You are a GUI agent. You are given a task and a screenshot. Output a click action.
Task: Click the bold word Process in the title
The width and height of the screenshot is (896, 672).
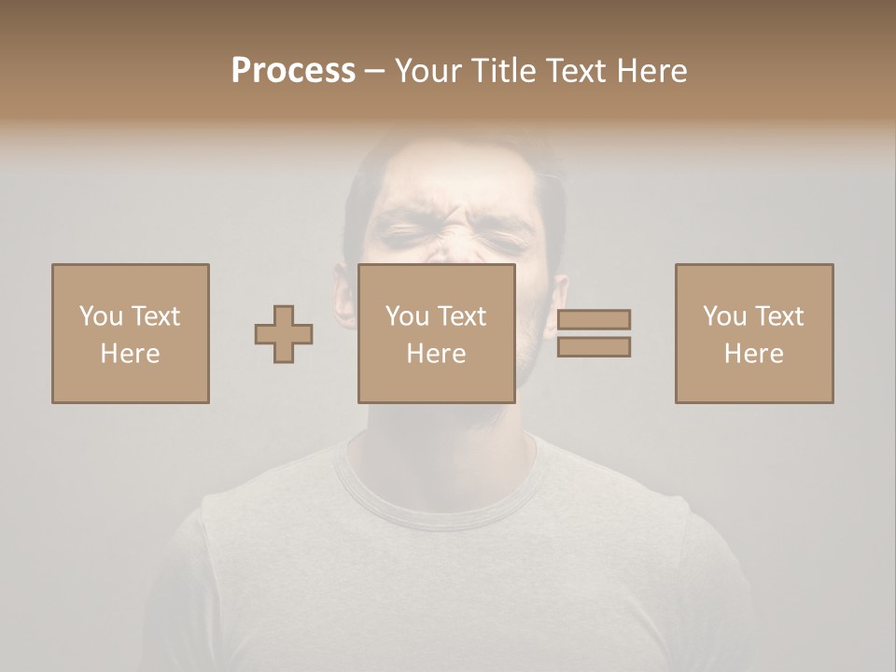tap(293, 71)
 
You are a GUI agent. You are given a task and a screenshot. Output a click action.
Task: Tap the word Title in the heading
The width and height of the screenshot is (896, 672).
tap(503, 71)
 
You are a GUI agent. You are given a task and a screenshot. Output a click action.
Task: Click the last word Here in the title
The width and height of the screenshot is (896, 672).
tap(653, 71)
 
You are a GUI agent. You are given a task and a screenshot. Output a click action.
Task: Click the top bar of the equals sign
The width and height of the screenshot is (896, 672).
tap(594, 319)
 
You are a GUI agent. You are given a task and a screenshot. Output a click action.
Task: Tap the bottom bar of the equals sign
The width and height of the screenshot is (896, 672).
tap(594, 346)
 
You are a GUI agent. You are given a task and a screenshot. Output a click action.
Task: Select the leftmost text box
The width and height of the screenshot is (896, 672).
tap(131, 333)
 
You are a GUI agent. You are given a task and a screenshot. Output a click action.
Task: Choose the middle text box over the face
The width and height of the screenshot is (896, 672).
tap(437, 333)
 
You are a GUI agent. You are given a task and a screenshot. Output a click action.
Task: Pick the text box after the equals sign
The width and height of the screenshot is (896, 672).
tap(754, 333)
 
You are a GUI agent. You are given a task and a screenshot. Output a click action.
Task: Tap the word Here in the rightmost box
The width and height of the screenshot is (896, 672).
tap(754, 354)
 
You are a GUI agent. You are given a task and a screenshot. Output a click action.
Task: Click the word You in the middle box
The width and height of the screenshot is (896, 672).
tap(407, 316)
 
